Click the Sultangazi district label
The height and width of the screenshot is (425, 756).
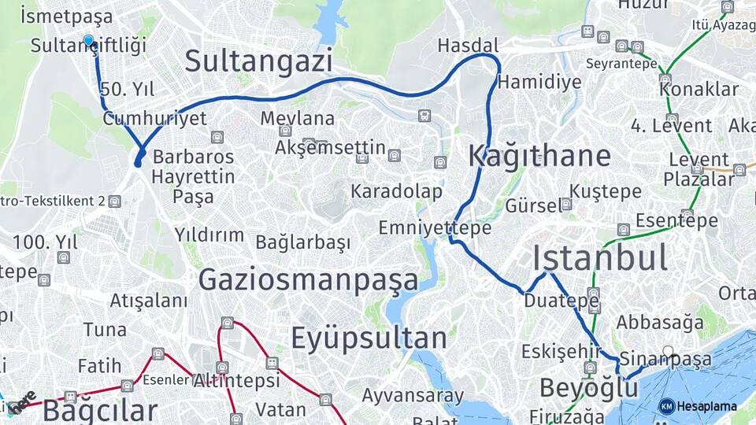pos(259,61)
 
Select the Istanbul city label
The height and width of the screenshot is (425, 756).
pos(600,258)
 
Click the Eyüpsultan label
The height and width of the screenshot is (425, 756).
pos(369,338)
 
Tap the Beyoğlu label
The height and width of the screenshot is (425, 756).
pos(588,388)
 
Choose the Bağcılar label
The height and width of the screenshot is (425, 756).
pos(100,411)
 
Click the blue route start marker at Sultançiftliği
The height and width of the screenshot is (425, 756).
pos(88,40)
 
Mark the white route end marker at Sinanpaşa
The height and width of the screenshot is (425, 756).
pos(668,351)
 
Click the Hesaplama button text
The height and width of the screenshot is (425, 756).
pos(706,406)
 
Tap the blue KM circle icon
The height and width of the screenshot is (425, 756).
pos(666,406)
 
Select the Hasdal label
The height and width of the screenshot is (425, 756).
pos(468,45)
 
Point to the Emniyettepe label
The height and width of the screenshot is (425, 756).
pos(435,228)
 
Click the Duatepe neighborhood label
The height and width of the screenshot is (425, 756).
pos(550,301)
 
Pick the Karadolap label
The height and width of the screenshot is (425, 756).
pos(396,191)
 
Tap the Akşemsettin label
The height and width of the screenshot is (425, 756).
pos(331,148)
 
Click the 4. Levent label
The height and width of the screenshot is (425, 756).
pos(671,126)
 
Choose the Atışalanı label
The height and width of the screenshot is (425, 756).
pos(149,301)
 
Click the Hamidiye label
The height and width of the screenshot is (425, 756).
pos(539,82)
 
